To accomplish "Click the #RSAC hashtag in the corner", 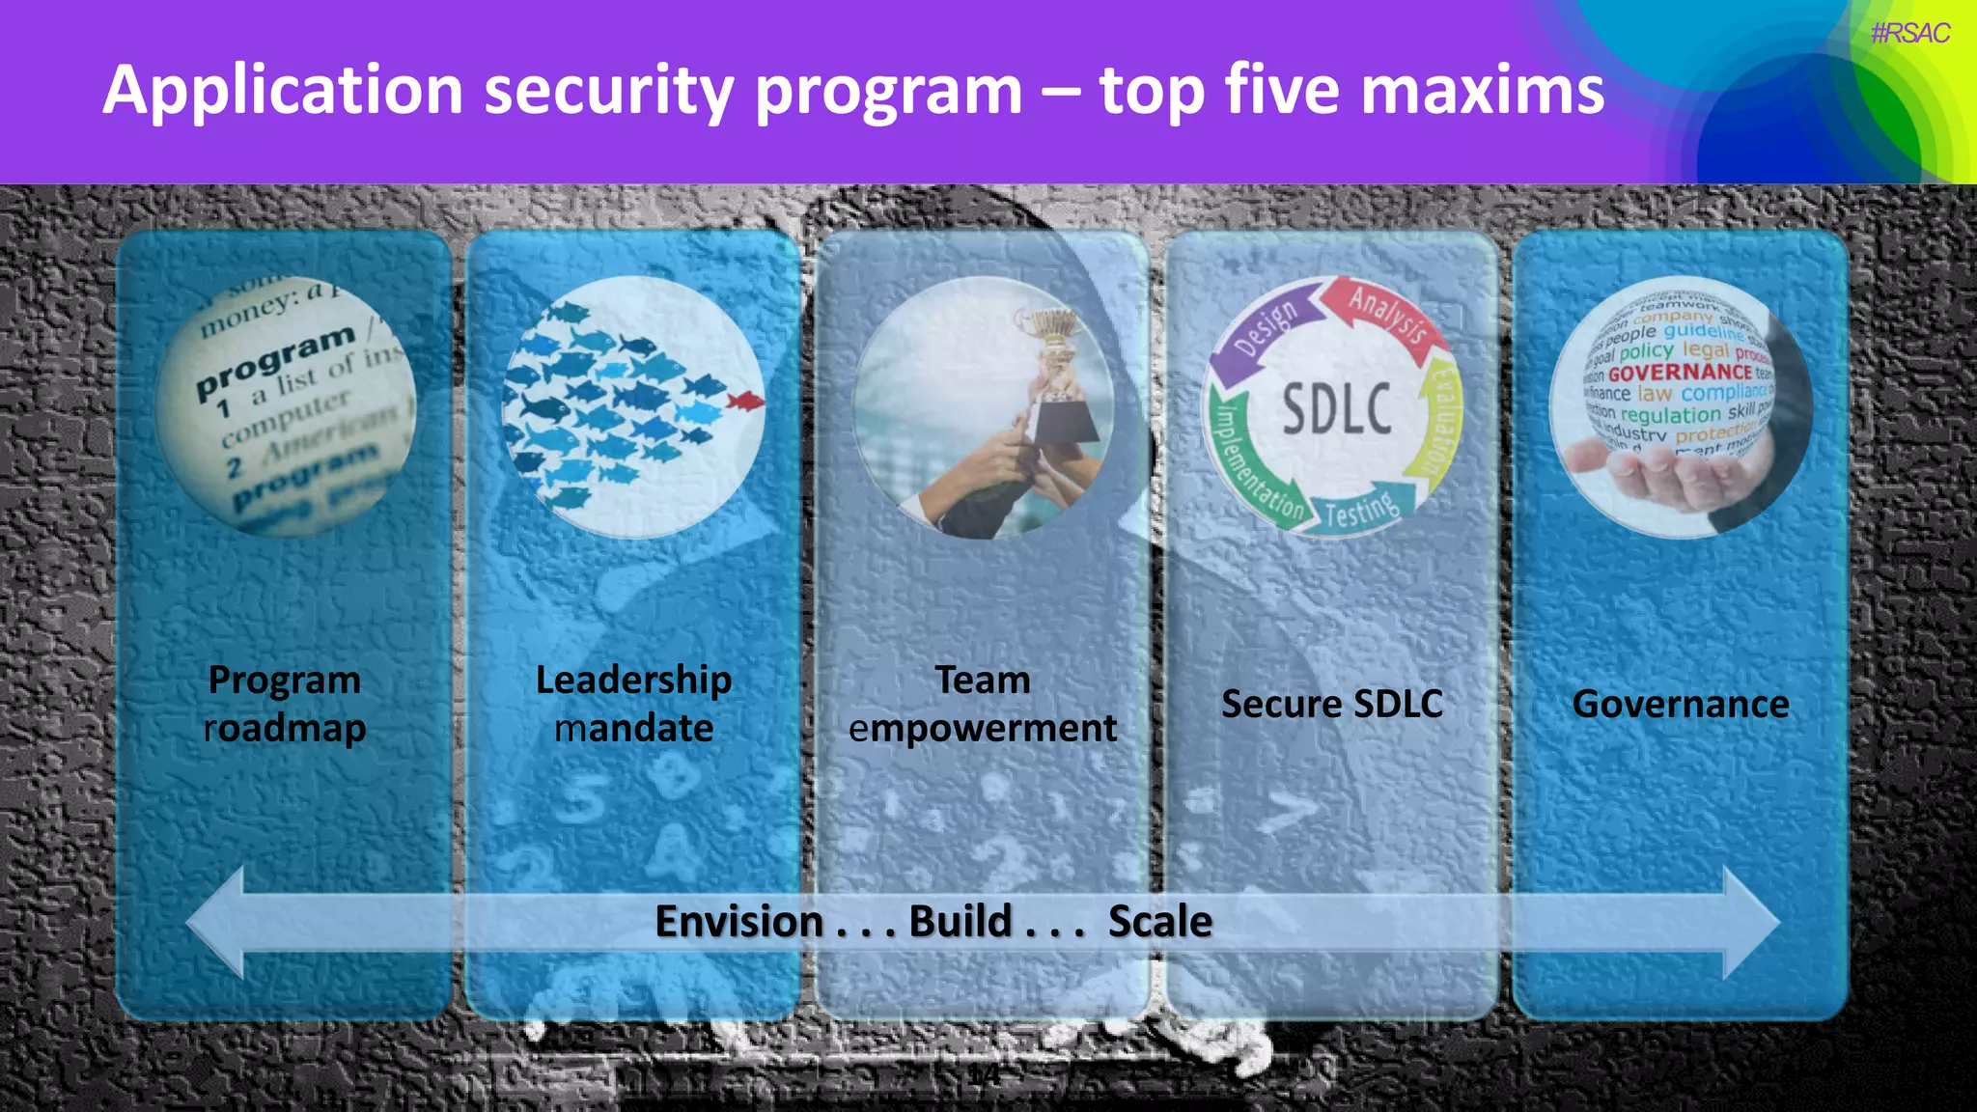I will tap(1909, 34).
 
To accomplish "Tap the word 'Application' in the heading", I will tap(283, 92).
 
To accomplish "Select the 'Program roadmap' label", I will tap(285, 704).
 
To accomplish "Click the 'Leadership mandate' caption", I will tap(633, 704).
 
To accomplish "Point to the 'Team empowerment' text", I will tap(983, 704).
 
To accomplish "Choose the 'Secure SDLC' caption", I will tap(1331, 704).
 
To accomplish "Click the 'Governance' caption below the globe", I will tap(1680, 704).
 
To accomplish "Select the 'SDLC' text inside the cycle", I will tap(1336, 409).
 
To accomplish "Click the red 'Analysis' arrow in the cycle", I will tap(1386, 315).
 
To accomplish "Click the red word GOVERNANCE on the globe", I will tap(1679, 373).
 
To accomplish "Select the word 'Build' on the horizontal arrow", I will tap(960, 922).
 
